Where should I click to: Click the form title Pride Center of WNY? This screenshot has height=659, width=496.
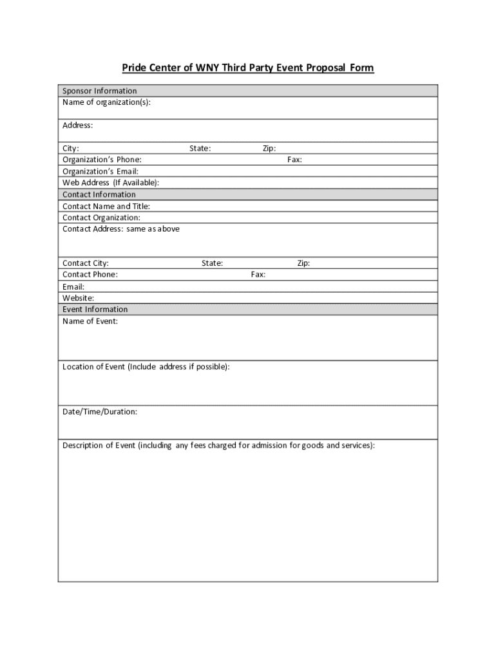tap(248, 68)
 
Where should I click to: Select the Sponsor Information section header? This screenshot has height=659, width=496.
tap(99, 91)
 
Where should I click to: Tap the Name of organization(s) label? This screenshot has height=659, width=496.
tap(106, 102)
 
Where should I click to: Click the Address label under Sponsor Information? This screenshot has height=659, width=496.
tap(78, 125)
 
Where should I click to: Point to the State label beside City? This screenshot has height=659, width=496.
tap(200, 149)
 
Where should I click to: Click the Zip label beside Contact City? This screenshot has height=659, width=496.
tap(303, 263)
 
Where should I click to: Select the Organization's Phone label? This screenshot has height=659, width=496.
tap(102, 160)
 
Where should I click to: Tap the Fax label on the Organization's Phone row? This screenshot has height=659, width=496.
tap(294, 160)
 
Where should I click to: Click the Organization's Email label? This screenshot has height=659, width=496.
tap(100, 171)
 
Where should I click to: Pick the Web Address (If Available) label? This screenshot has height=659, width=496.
tap(110, 183)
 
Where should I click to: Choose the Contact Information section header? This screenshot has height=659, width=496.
tap(99, 194)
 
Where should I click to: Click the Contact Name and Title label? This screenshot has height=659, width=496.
tap(106, 207)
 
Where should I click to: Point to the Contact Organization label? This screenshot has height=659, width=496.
tap(101, 218)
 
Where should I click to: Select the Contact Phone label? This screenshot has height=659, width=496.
tap(90, 275)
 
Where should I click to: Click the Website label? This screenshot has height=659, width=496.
tap(78, 298)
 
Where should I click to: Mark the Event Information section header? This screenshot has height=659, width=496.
tap(95, 310)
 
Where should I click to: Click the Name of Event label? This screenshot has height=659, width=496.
tap(90, 321)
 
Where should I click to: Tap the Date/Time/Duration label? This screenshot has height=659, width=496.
tap(99, 412)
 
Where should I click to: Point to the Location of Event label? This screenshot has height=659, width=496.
tap(146, 367)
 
